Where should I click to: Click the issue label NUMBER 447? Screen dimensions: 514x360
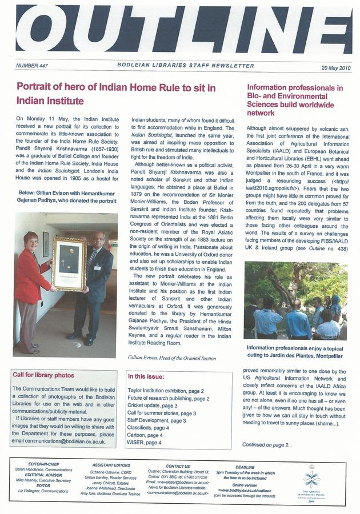[32, 66]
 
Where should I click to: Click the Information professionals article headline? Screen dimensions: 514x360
[294, 101]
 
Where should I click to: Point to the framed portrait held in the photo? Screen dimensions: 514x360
[69, 263]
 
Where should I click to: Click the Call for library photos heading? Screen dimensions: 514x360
[43, 375]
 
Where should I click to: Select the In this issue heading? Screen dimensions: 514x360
[146, 376]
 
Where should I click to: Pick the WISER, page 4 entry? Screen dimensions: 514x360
[144, 443]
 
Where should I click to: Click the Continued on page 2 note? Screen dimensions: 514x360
[267, 444]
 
